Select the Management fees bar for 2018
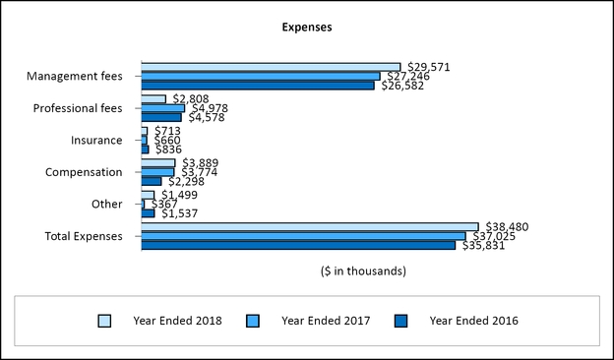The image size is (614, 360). coord(271,67)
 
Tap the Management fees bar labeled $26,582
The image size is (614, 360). coord(258,86)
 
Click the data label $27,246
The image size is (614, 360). coord(407,76)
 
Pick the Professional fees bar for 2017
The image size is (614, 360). coord(162,108)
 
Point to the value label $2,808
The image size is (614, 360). coord(192,98)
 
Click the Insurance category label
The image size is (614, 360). coord(96,141)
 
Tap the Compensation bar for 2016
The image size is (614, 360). coord(152,181)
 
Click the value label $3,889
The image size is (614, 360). coord(202,162)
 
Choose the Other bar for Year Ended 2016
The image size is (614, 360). coord(148,213)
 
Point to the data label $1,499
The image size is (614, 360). coord(181,195)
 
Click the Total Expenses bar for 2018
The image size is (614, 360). coord(310,226)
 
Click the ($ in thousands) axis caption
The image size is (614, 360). coord(362,270)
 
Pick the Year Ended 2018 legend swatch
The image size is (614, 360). coord(105,321)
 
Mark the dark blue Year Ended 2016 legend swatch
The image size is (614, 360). coord(400,321)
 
